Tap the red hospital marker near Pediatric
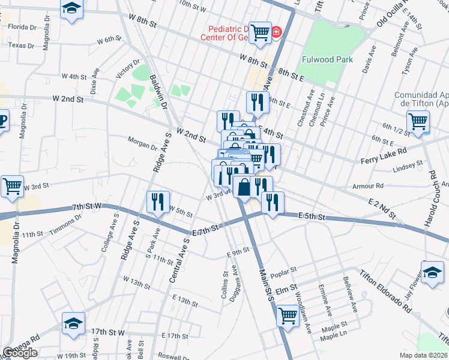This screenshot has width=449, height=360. pos(276,31)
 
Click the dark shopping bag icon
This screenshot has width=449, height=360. pos(243,187)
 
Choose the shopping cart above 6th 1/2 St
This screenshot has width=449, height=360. pos(417,121)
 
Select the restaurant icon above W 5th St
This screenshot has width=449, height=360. pos(156,201)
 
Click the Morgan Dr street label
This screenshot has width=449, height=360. pos(142,143)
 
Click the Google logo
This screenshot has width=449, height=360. pos(20,353)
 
